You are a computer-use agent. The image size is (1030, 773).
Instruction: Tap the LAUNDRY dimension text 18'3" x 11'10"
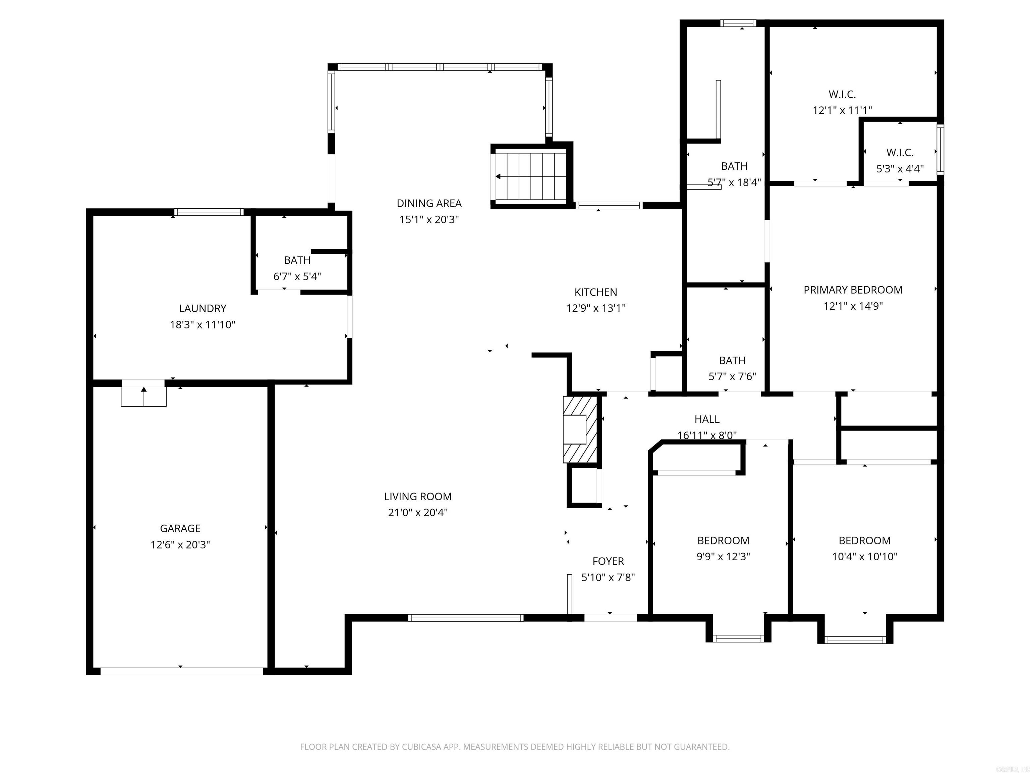(x=203, y=325)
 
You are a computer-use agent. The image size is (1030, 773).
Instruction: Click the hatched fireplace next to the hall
(x=580, y=429)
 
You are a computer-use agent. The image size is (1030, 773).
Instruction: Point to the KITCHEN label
(x=595, y=292)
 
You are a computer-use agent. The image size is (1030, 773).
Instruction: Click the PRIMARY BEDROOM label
(x=853, y=290)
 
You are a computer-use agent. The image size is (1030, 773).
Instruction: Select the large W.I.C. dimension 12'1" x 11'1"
(x=842, y=110)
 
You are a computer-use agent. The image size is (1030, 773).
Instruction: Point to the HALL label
(x=707, y=419)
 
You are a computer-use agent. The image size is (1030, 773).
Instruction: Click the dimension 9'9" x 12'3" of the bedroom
(x=723, y=556)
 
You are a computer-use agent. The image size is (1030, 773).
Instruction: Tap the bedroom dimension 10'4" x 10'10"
(x=865, y=556)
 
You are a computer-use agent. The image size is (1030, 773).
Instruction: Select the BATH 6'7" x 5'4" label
(x=297, y=260)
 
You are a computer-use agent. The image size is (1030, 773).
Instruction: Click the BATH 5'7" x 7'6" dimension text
(x=732, y=376)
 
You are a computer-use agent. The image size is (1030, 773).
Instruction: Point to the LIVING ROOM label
(x=418, y=496)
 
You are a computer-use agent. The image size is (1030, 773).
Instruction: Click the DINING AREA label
(x=429, y=203)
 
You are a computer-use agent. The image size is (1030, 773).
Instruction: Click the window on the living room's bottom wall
(x=466, y=618)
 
